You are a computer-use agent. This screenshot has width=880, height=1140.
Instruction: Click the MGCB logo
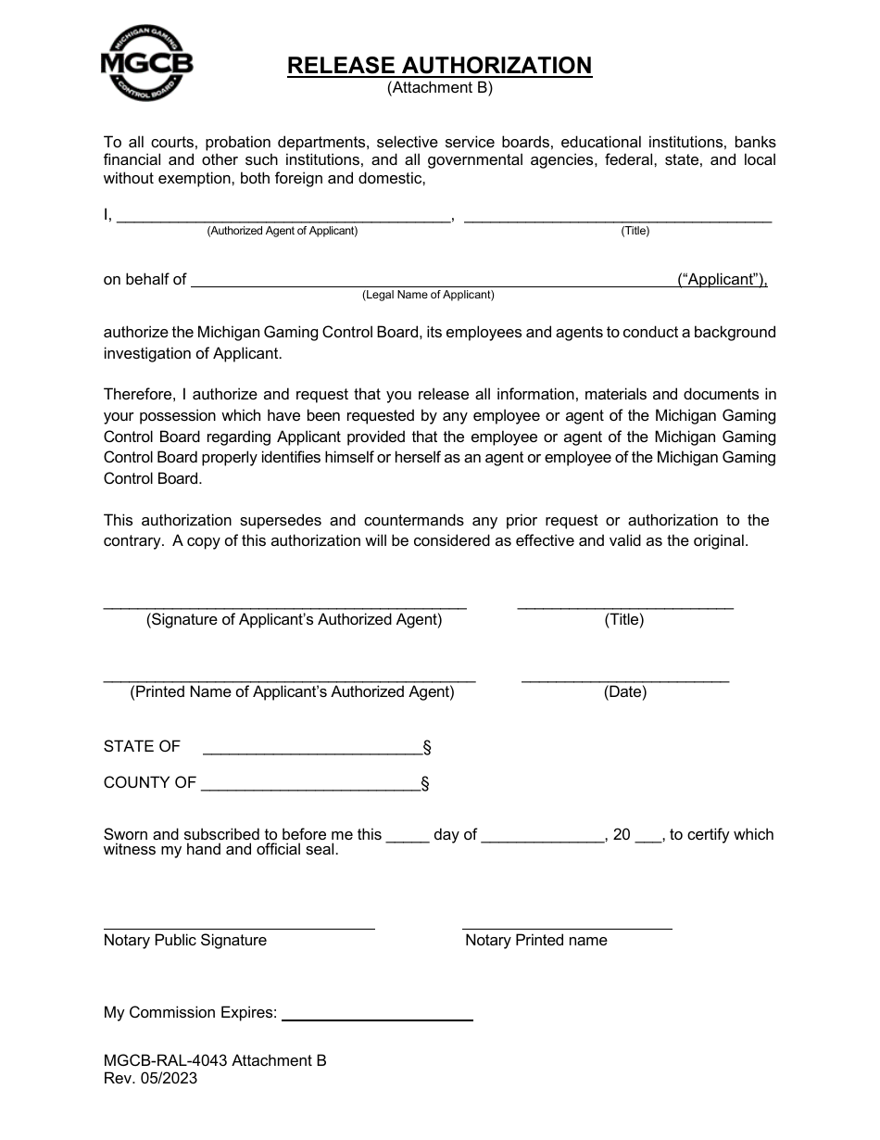pyautogui.click(x=146, y=63)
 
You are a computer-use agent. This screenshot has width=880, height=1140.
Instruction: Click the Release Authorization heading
pyautogui.click(x=439, y=66)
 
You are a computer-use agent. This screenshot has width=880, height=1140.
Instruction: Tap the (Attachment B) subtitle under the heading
pyautogui.click(x=439, y=89)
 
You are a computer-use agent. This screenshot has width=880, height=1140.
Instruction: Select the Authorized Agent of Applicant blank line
pyautogui.click(x=282, y=218)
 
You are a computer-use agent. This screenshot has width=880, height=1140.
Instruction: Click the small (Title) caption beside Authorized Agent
pyautogui.click(x=635, y=232)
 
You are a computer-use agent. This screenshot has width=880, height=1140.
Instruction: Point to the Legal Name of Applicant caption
pyautogui.click(x=428, y=296)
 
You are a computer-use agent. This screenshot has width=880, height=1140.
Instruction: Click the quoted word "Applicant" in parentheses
pyautogui.click(x=722, y=280)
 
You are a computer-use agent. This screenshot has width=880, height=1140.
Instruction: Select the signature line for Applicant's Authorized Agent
pyautogui.click(x=284, y=603)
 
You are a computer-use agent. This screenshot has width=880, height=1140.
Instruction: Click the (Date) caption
pyautogui.click(x=625, y=692)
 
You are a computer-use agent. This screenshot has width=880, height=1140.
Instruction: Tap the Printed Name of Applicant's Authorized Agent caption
pyautogui.click(x=292, y=692)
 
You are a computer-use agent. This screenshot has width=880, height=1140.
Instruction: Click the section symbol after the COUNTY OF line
pyautogui.click(x=425, y=784)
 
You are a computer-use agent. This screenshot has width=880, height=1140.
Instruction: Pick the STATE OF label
pyautogui.click(x=142, y=747)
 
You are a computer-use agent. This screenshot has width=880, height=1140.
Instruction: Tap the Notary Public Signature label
pyautogui.click(x=185, y=941)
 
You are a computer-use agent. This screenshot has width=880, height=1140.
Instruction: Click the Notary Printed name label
pyautogui.click(x=536, y=941)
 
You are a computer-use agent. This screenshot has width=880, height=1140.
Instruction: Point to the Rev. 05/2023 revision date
pyautogui.click(x=150, y=1079)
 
